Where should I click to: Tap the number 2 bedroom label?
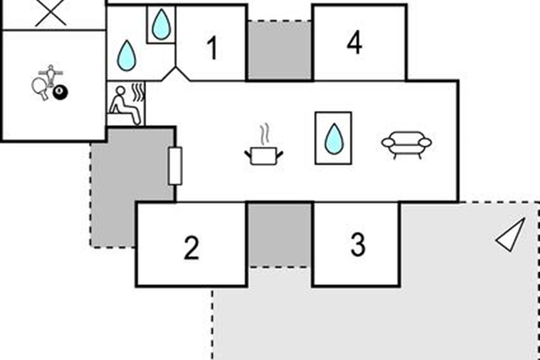[191, 248]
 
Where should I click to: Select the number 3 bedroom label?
[358, 244]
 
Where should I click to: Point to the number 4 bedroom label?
[355, 42]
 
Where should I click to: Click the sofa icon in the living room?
[406, 145]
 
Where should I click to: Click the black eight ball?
[60, 93]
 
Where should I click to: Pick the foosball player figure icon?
[51, 75]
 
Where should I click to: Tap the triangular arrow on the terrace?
[511, 234]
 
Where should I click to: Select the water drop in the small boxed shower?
[161, 24]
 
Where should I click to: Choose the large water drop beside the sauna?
[126, 56]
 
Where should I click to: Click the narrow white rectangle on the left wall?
[175, 166]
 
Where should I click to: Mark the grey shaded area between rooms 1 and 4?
[279, 50]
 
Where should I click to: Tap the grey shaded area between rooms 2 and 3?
[279, 235]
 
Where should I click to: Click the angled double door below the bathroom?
[175, 74]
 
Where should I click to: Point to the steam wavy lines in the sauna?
[139, 92]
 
